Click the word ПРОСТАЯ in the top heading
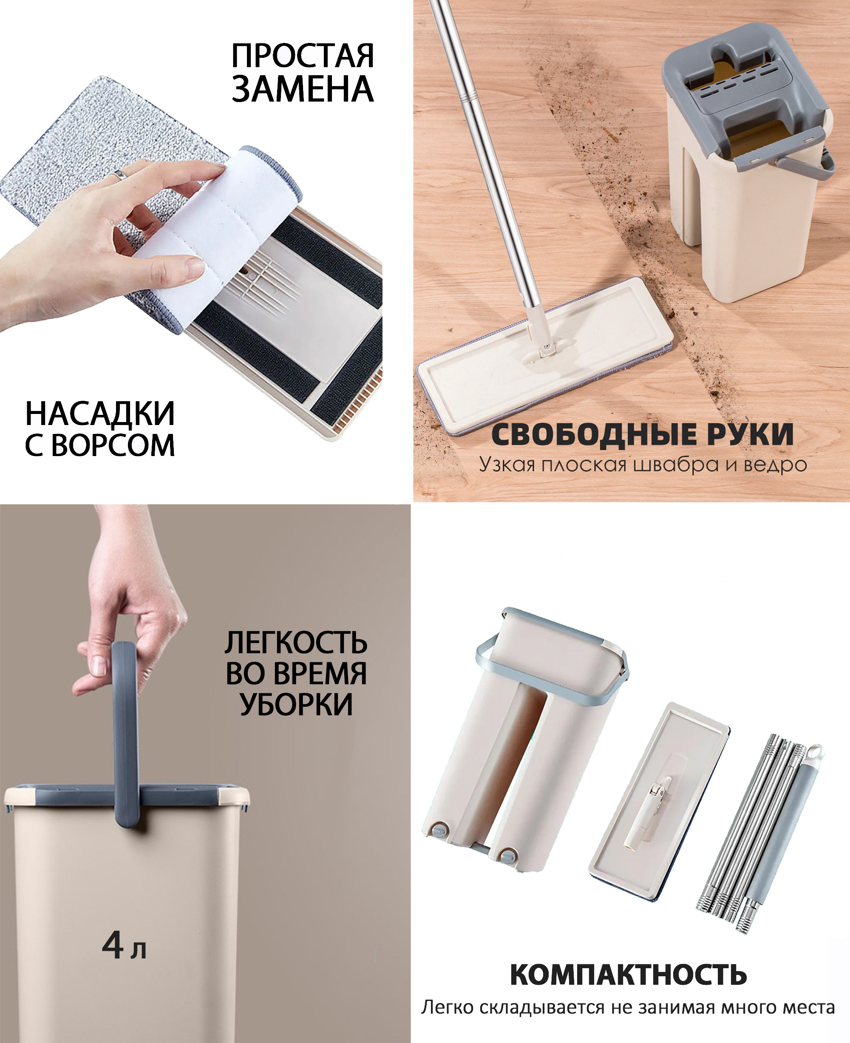point(303,55)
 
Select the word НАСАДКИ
point(100,414)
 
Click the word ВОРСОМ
point(113,445)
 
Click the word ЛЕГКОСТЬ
point(296,643)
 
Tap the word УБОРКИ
point(296,705)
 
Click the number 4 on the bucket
point(113,945)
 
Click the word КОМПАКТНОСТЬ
point(628,975)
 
